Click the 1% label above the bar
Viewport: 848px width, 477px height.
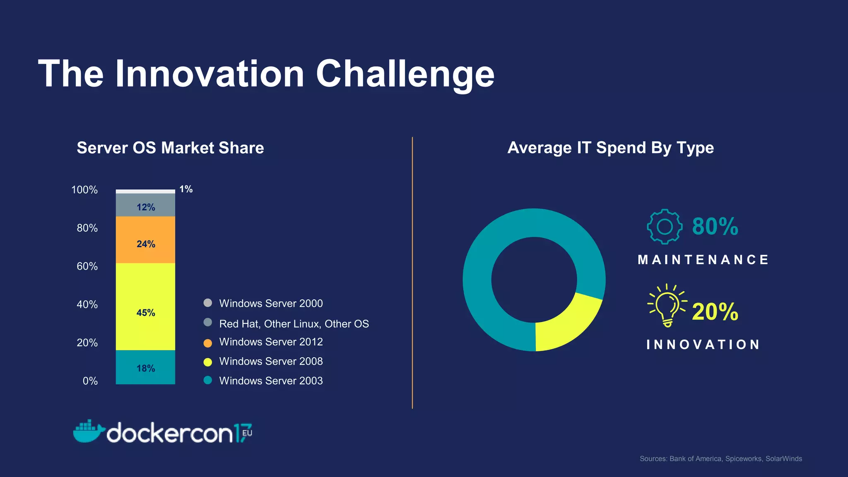(186, 189)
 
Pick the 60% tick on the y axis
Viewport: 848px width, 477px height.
(87, 266)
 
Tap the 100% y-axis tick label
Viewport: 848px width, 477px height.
(84, 190)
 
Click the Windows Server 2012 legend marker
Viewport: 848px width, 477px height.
(208, 343)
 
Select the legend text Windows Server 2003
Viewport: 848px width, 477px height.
(271, 381)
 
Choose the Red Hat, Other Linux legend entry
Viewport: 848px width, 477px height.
(294, 324)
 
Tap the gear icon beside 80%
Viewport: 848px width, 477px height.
(665, 226)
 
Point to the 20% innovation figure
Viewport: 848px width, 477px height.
(715, 311)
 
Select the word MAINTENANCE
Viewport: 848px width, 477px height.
(703, 260)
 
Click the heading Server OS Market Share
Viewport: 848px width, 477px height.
(170, 148)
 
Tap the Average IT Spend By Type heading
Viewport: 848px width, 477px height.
(610, 148)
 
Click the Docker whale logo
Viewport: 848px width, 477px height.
(88, 431)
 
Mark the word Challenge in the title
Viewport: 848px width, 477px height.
(405, 74)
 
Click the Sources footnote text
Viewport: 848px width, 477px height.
(720, 459)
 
